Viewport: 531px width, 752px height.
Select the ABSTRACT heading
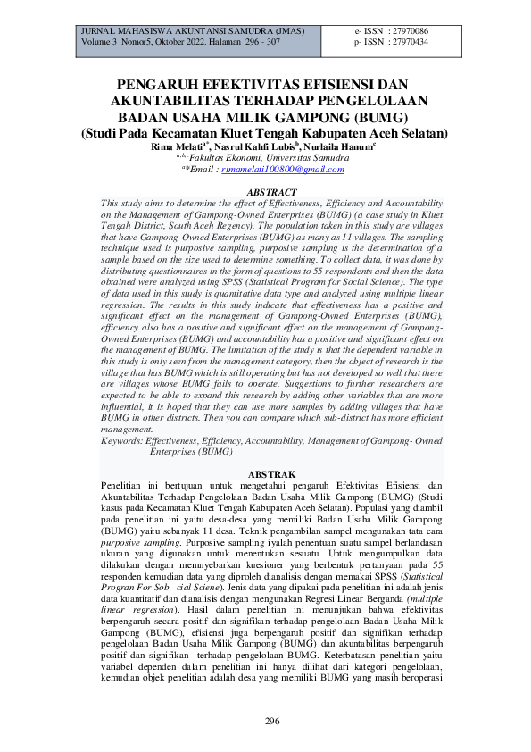(x=270, y=192)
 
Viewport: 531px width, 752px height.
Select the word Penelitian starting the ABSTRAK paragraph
(x=123, y=483)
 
